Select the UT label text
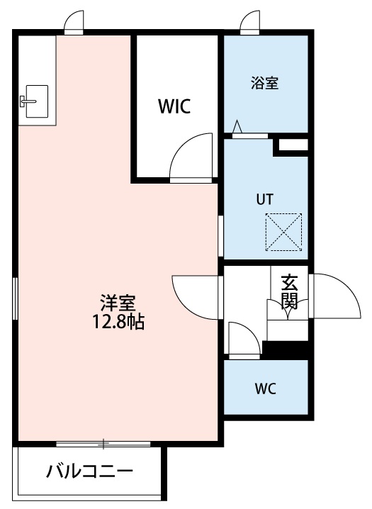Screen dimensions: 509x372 tap(264, 199)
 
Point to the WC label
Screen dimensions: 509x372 tap(265, 388)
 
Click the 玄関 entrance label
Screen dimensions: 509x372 tap(288, 291)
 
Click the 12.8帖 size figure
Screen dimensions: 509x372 tap(117, 322)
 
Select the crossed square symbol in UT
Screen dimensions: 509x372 tap(283, 231)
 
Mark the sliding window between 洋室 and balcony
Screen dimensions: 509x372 tap(103, 444)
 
